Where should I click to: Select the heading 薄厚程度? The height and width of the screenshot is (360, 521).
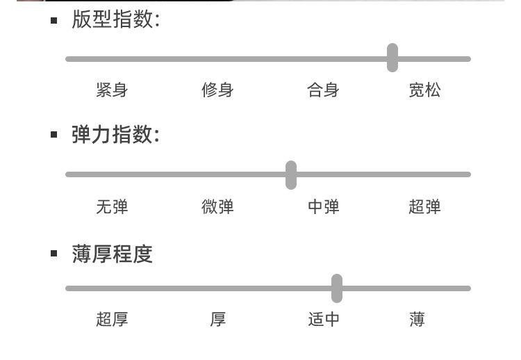(113, 254)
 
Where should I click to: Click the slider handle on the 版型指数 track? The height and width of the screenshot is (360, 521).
(392, 58)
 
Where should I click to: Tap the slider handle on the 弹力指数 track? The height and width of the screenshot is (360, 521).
(291, 175)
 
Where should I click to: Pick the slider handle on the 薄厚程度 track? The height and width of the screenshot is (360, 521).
(337, 288)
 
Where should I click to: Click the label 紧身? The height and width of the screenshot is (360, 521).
(112, 90)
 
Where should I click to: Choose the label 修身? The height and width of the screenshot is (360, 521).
(217, 90)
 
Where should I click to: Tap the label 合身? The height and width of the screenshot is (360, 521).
(323, 90)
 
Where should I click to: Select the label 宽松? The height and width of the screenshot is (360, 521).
(425, 90)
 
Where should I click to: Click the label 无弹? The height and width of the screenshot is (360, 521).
(112, 207)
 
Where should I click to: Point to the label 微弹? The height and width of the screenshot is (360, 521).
(217, 207)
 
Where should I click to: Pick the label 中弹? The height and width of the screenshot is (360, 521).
(323, 207)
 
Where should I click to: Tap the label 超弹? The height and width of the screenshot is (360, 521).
(425, 207)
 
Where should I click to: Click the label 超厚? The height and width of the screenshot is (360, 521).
(112, 320)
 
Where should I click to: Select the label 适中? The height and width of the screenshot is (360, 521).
(323, 320)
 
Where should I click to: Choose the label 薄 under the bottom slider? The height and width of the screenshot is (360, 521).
(417, 320)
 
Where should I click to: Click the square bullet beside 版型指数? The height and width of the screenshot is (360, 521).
(53, 21)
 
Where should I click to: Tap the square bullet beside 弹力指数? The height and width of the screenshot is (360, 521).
(53, 135)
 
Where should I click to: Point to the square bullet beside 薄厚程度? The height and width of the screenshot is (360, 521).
(53, 254)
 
